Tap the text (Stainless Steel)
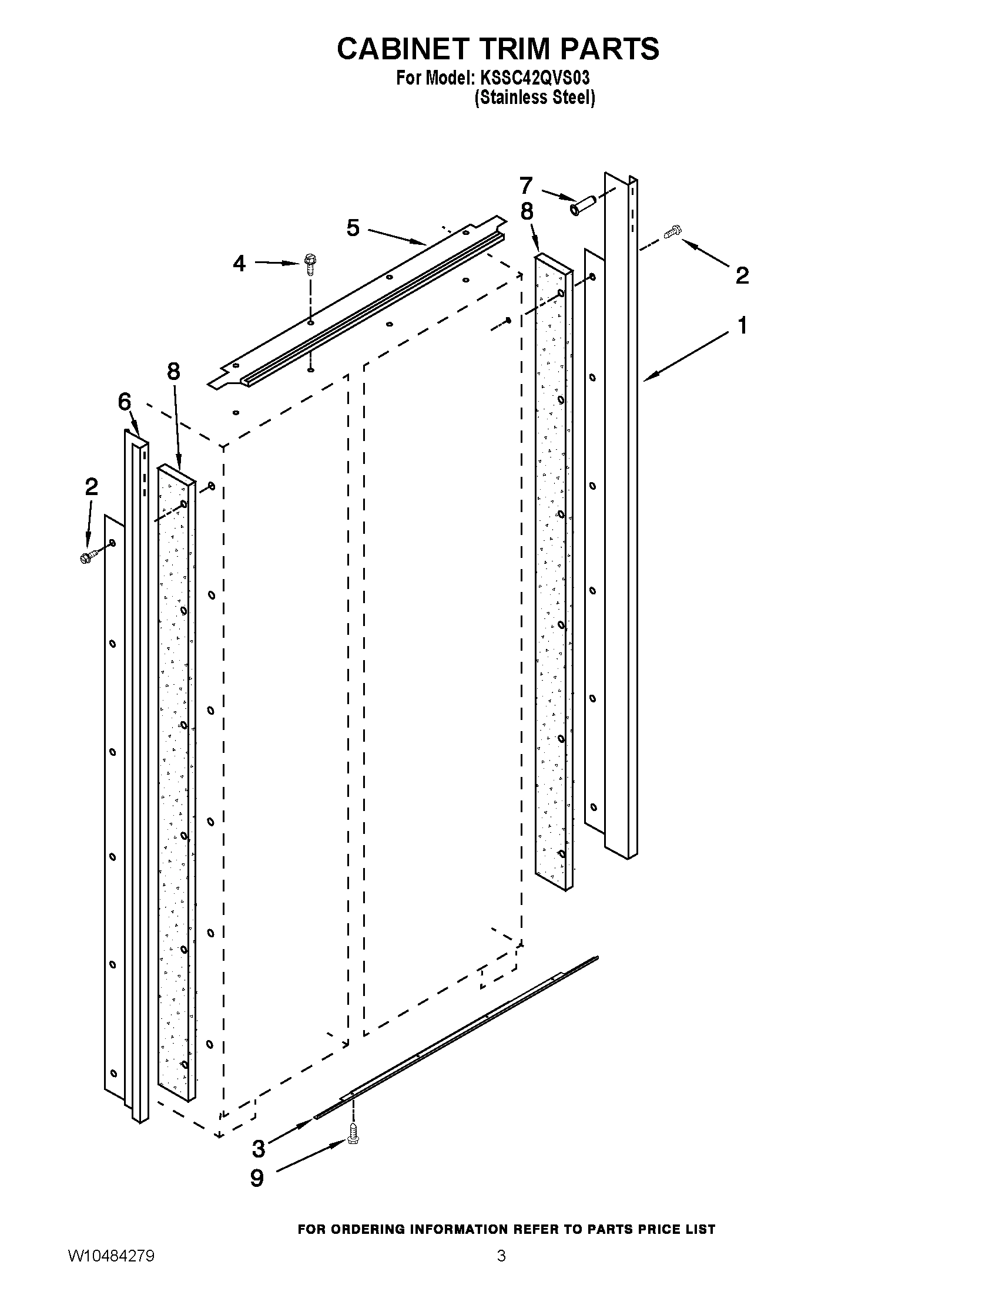(534, 97)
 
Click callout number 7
(526, 186)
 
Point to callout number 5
(353, 227)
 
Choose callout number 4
(239, 263)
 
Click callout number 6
(124, 402)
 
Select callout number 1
(742, 325)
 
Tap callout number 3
(259, 1148)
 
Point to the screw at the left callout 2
(87, 557)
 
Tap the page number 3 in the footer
(501, 1270)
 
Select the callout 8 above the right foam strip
(527, 211)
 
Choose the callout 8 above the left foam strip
(173, 372)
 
